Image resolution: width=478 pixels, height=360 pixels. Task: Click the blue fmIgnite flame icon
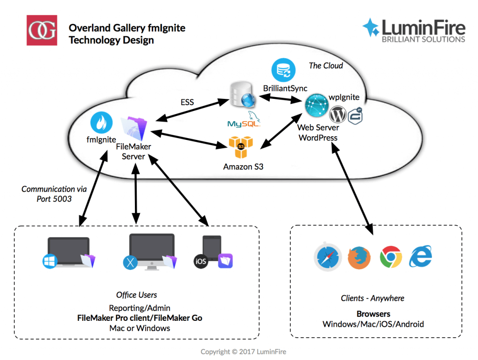pos(102,122)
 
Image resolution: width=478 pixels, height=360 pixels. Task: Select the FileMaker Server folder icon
pos(133,128)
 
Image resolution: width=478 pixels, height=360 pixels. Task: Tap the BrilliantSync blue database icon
pos(283,70)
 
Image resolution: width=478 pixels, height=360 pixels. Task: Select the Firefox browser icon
pos(359,257)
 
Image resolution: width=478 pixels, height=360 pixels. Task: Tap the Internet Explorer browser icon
pos(421,256)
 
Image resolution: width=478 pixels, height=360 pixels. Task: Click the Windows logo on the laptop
pos(49,261)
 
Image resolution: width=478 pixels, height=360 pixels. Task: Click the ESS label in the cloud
pos(187,102)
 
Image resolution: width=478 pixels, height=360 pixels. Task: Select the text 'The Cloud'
pos(325,66)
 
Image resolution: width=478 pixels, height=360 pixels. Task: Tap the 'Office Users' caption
pos(136,295)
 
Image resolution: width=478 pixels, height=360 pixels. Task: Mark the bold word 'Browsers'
pos(373,314)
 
